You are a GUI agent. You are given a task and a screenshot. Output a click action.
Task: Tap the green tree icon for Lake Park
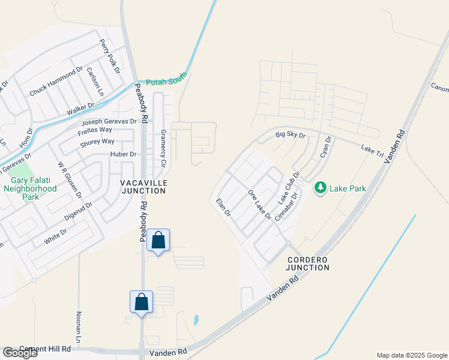click(x=321, y=188)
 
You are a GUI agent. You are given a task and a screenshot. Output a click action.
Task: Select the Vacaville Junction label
click(x=143, y=186)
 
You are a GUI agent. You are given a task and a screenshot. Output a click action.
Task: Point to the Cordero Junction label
click(x=308, y=263)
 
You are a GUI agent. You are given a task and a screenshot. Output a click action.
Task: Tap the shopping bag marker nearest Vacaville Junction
click(x=158, y=241)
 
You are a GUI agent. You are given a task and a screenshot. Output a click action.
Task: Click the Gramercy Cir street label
click(x=163, y=143)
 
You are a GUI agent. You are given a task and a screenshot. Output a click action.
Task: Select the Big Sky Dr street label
click(x=291, y=136)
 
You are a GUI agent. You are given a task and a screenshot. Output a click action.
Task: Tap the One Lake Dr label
click(x=259, y=205)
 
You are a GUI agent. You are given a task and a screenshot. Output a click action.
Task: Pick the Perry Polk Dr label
click(x=110, y=56)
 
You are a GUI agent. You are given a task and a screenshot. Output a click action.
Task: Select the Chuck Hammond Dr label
click(x=56, y=82)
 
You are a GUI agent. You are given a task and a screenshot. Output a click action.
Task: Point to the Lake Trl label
click(x=372, y=151)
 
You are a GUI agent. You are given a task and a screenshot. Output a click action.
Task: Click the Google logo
click(x=20, y=353)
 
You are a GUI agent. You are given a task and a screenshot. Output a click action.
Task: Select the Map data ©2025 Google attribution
click(x=412, y=355)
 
